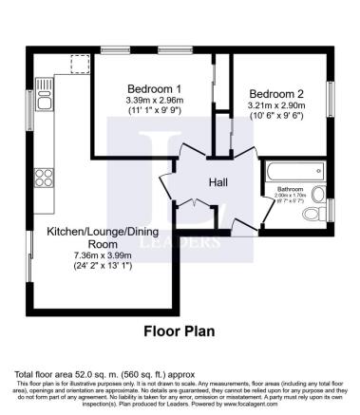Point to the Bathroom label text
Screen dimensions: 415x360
pos(289,189)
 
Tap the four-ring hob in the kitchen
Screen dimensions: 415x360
pos(43,177)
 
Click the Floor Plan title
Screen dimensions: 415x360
pos(180,331)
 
